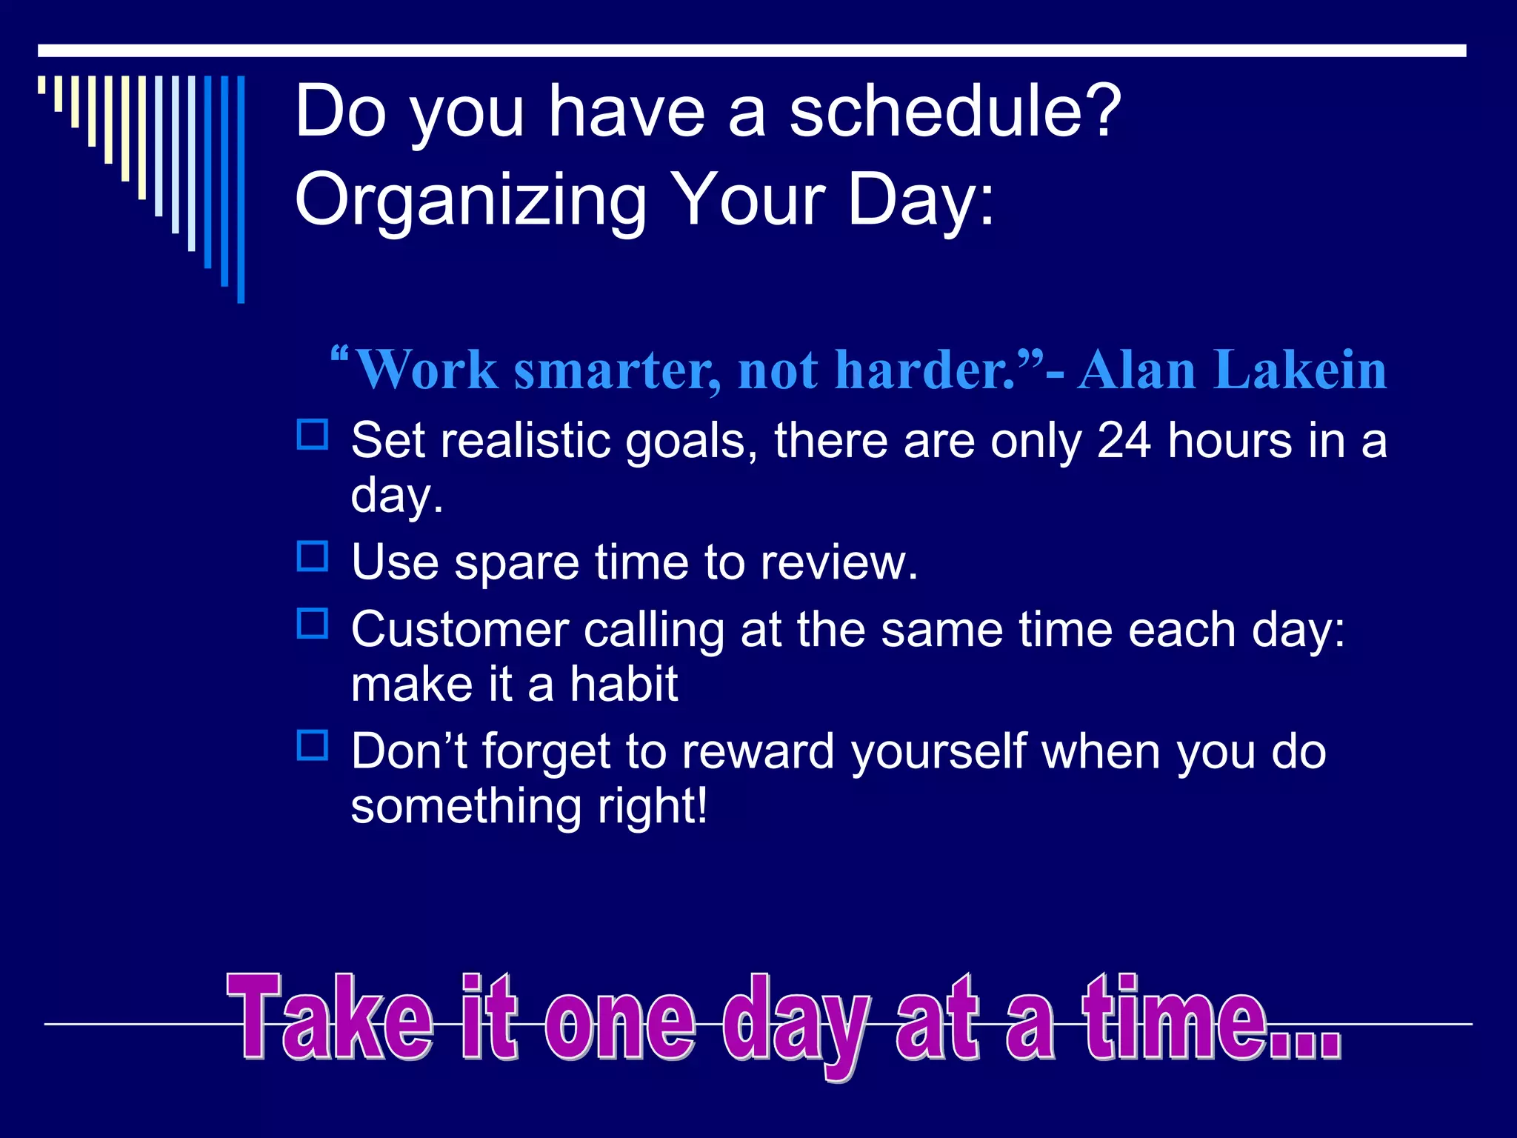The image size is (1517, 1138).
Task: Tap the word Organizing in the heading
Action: pyautogui.click(x=471, y=200)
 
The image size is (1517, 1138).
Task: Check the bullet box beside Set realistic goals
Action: pyautogui.click(x=312, y=435)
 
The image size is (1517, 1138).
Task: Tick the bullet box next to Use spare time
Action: pyautogui.click(x=312, y=556)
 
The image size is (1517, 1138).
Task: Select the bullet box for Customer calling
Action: pyautogui.click(x=312, y=624)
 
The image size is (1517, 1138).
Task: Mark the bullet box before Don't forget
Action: pyautogui.click(x=312, y=745)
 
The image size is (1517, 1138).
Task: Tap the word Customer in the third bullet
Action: pyautogui.click(x=459, y=630)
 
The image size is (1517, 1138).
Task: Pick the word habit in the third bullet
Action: pyautogui.click(x=623, y=685)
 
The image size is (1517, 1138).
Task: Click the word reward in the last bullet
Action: pyautogui.click(x=758, y=752)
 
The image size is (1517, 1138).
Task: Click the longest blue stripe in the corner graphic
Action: pyautogui.click(x=241, y=189)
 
